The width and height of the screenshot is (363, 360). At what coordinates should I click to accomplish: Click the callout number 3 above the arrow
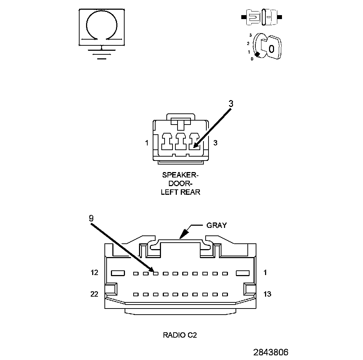point(231,104)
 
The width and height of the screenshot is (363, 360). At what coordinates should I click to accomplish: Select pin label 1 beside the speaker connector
point(147,143)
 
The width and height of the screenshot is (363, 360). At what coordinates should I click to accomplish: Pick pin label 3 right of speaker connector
point(215,143)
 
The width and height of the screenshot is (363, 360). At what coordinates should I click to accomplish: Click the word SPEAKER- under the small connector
point(180,175)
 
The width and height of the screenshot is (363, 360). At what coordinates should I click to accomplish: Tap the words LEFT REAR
point(180,192)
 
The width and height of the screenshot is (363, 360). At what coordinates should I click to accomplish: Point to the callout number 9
point(91,218)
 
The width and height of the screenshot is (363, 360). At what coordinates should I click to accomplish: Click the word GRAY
point(216,225)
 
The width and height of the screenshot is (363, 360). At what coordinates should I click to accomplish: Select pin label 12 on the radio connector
point(94,273)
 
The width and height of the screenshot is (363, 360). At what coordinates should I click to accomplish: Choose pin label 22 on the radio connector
point(94,294)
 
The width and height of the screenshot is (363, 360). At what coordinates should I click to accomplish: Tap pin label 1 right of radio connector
point(265,273)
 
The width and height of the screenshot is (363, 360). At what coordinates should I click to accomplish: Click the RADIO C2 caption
point(180,335)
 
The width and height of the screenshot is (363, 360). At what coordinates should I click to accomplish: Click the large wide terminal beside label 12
point(118,273)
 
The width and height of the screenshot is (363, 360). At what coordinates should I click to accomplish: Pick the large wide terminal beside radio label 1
point(243,273)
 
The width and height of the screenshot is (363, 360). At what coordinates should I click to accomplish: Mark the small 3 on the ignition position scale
point(250,36)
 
